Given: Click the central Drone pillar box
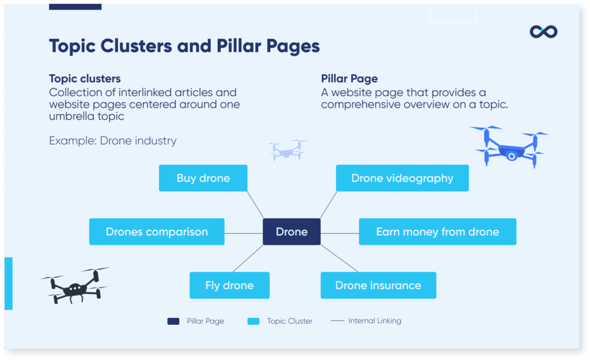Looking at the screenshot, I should [292, 232].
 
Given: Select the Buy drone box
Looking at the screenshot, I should [203, 178].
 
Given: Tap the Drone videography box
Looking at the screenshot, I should [402, 178].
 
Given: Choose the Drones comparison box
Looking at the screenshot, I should [157, 232].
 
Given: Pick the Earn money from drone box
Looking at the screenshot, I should [437, 232].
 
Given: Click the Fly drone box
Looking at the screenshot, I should [229, 285].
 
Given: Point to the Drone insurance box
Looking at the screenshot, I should [378, 285].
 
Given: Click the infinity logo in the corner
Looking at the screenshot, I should [543, 32].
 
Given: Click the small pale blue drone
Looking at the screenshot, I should [288, 150].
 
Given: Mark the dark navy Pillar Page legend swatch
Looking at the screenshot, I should [173, 321].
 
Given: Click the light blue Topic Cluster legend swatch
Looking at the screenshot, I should [253, 321].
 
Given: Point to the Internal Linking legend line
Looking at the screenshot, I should [337, 321].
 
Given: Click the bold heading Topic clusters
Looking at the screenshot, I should [85, 79].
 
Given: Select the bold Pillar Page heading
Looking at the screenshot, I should [349, 79].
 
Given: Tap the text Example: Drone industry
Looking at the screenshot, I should [112, 141].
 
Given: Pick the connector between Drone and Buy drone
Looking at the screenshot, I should [255, 204].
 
